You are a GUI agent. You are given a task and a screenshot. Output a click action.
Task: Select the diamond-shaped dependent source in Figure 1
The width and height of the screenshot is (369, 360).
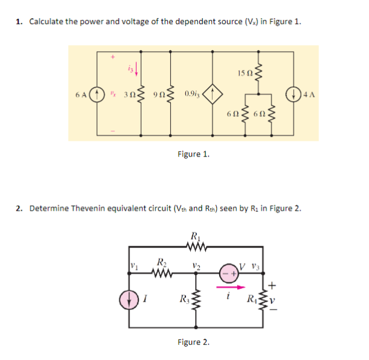click(212, 94)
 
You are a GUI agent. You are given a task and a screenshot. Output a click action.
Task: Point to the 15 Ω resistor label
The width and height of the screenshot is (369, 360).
click(243, 73)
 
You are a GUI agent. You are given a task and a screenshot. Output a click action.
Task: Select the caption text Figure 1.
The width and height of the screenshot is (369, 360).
click(193, 154)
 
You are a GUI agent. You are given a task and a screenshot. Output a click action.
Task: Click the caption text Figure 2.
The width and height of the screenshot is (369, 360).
click(193, 343)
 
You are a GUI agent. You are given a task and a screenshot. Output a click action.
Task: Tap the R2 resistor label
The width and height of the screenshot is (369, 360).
click(161, 262)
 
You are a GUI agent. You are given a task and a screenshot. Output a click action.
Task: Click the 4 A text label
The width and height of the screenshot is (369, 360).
click(309, 95)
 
